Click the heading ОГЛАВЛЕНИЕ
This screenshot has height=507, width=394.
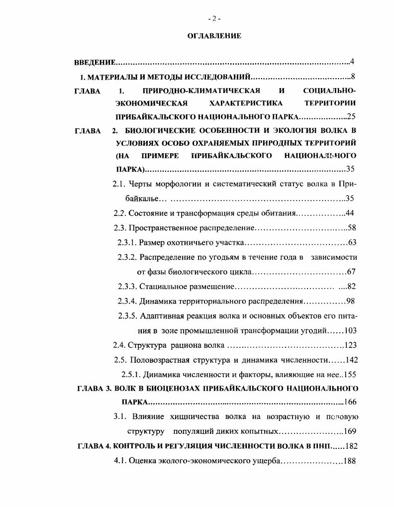click(x=214, y=36)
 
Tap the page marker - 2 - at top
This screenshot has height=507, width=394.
click(x=214, y=18)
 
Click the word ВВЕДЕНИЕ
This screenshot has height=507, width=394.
click(x=95, y=62)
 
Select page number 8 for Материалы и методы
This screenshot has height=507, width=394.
click(x=352, y=77)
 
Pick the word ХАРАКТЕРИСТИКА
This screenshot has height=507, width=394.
click(x=246, y=103)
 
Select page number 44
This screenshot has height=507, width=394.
click(x=350, y=213)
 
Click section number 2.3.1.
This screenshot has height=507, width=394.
click(x=127, y=243)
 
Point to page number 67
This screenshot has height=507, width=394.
click(x=352, y=272)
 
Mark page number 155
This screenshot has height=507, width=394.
click(x=350, y=374)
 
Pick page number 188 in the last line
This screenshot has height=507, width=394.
click(x=350, y=461)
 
